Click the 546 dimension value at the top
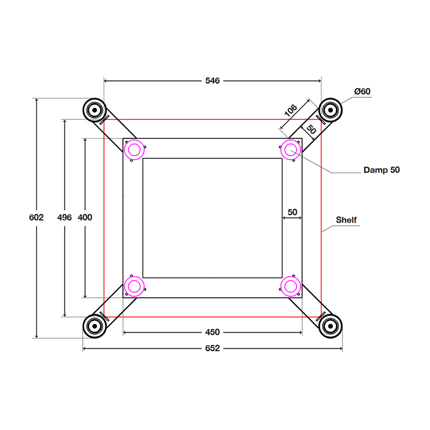[x=212, y=81]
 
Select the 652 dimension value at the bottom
[x=212, y=348]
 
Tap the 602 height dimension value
[x=36, y=218]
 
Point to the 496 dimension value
[x=64, y=218]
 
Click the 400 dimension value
[x=85, y=218]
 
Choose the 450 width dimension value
[x=212, y=332]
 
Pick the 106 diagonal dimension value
[x=290, y=111]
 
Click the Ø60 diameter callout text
[x=363, y=91]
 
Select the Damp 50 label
[x=382, y=170]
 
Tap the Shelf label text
[x=346, y=220]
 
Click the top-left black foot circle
[x=95, y=111]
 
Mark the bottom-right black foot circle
[x=329, y=325]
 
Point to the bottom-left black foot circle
[x=95, y=325]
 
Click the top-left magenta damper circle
[x=134, y=149]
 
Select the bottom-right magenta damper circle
[x=291, y=286]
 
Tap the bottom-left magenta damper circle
[x=134, y=286]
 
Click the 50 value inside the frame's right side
[x=292, y=212]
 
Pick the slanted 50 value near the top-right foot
[x=311, y=129]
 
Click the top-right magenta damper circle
[x=291, y=149]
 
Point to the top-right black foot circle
[x=329, y=111]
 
